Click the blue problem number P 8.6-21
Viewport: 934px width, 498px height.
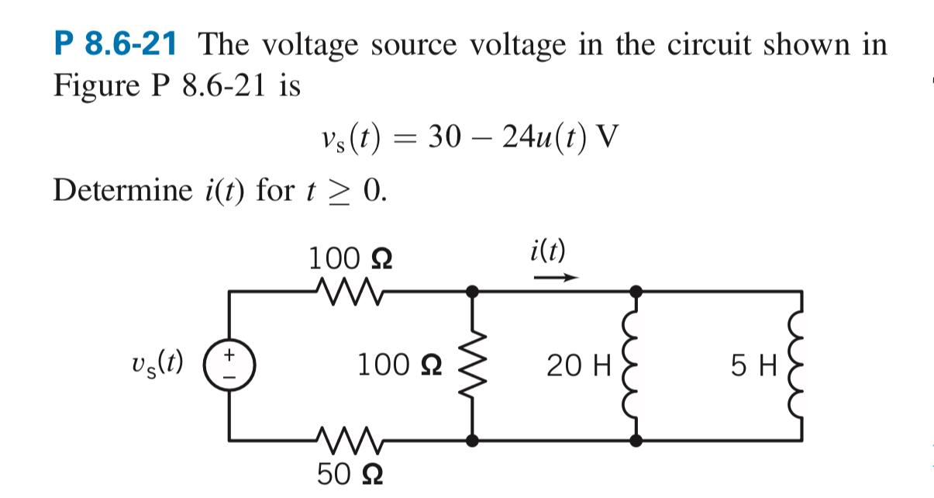coord(114,44)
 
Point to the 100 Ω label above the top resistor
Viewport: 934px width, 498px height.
coord(350,258)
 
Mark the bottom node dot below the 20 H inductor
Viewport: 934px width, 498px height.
coord(636,440)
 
